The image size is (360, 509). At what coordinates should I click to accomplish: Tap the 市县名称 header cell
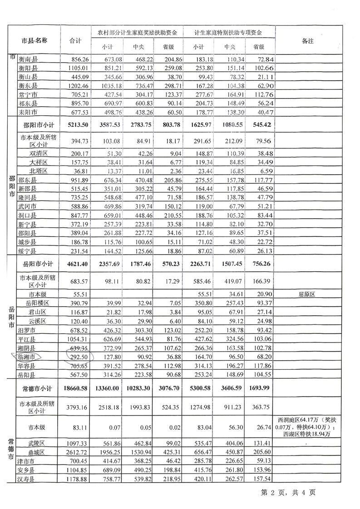click(35, 40)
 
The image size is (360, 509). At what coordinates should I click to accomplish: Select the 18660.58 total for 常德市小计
click(75, 388)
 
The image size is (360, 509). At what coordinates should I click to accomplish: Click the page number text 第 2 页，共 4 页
click(288, 492)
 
